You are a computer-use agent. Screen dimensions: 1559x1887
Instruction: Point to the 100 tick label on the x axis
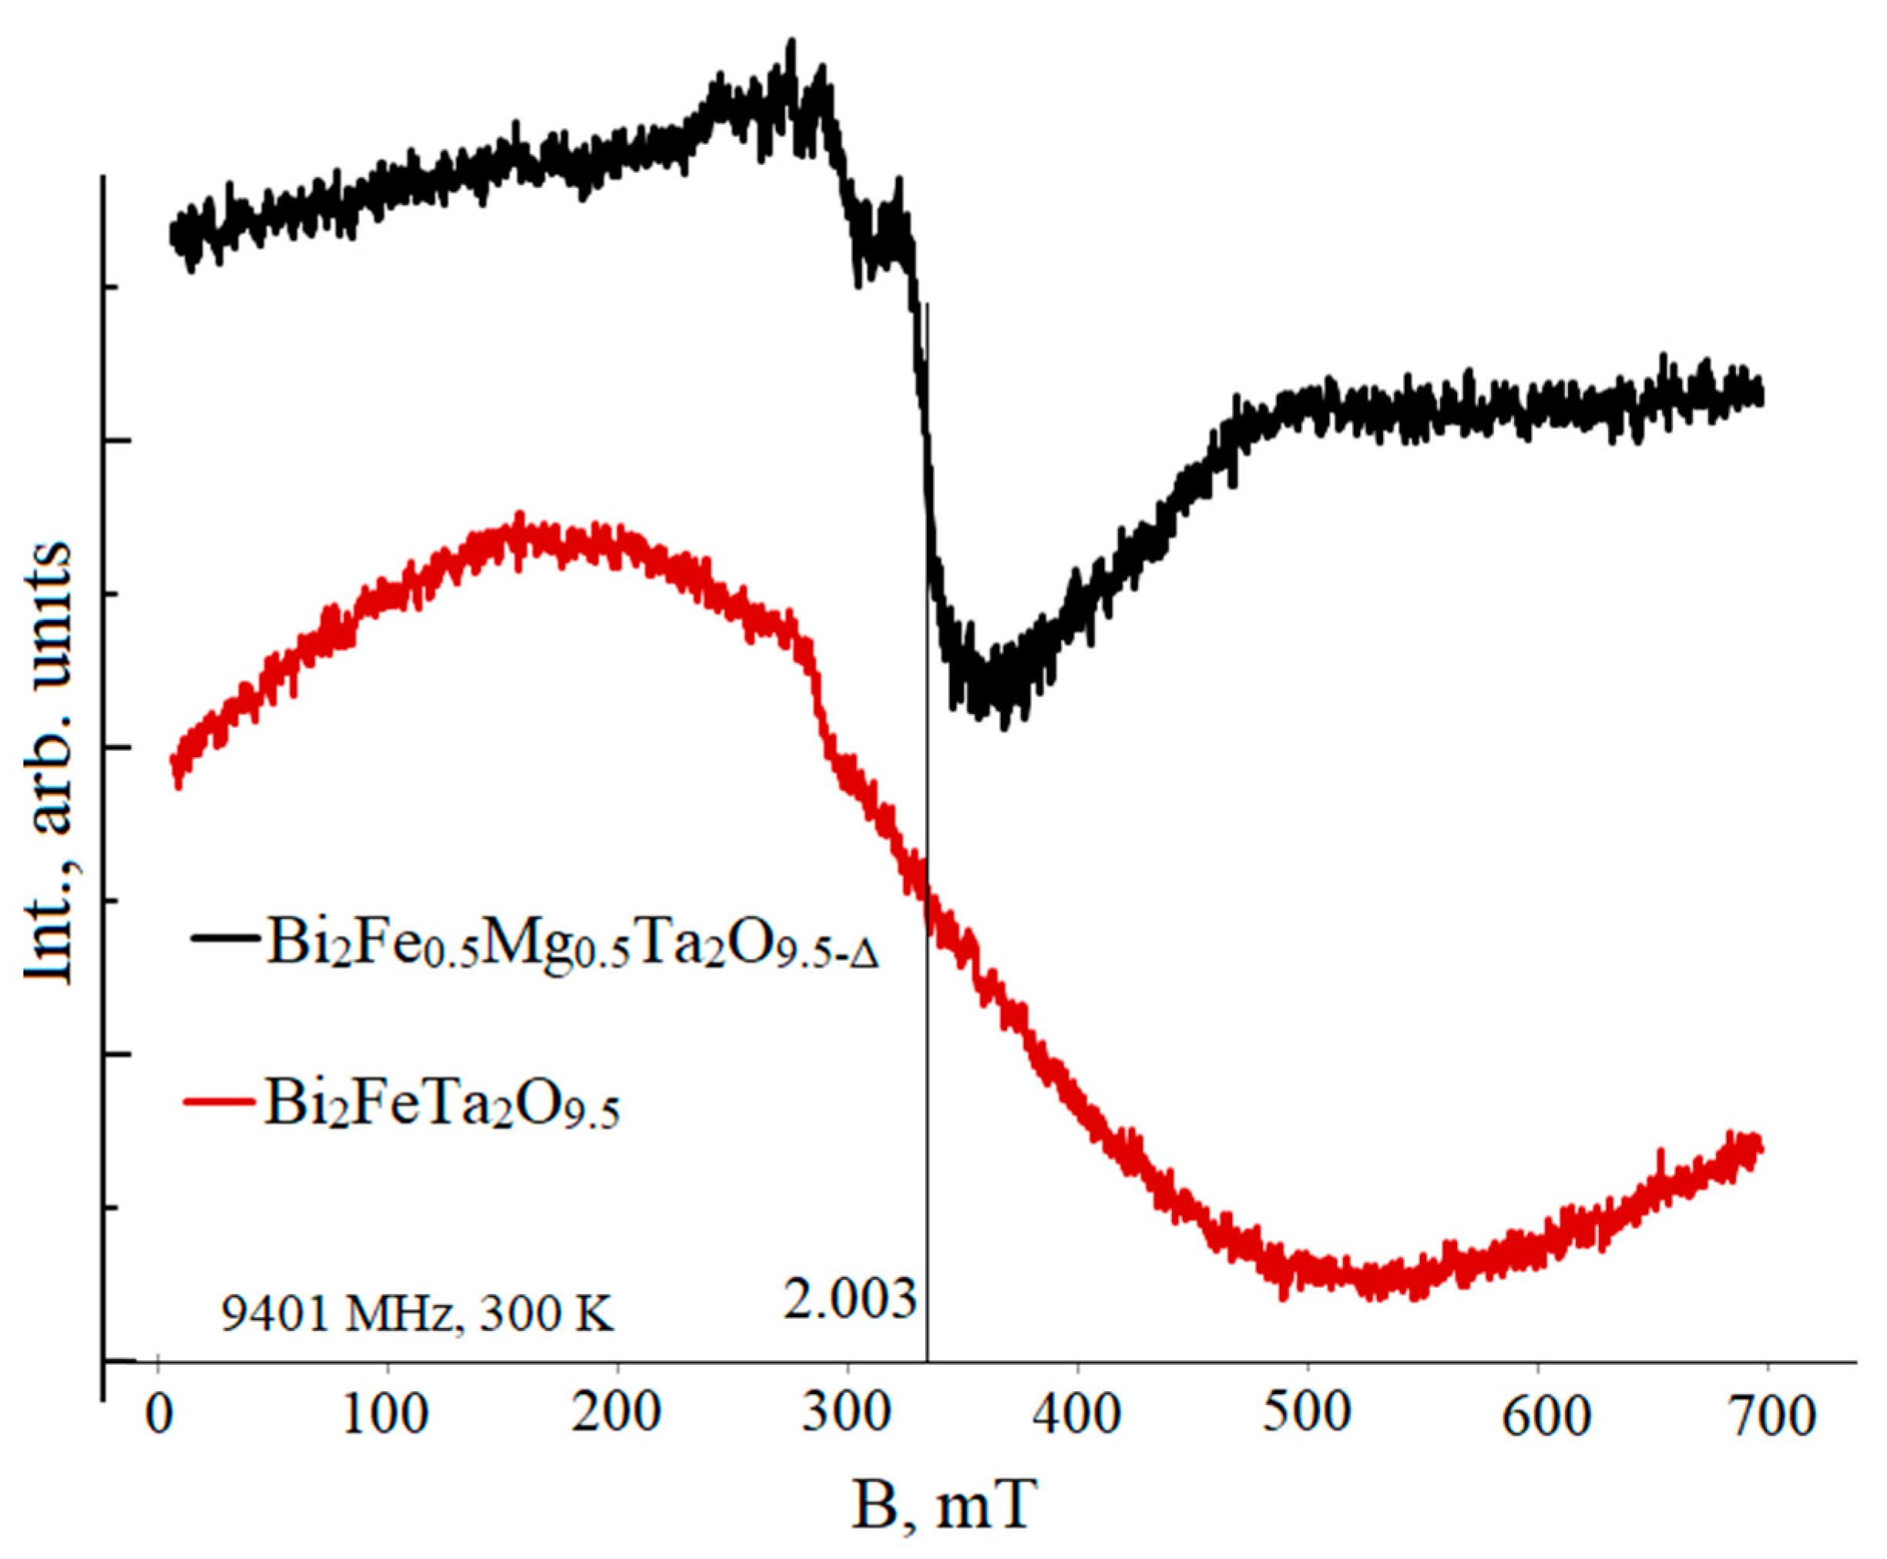pyautogui.click(x=387, y=1417)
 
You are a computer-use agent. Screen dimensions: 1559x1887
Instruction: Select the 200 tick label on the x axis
pyautogui.click(x=617, y=1417)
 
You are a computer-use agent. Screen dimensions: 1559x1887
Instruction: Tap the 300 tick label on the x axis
pyautogui.click(x=847, y=1417)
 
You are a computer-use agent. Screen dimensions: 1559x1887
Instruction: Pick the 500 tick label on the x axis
pyautogui.click(x=1307, y=1417)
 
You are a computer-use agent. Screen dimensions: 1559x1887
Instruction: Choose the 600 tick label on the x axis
pyautogui.click(x=1536, y=1417)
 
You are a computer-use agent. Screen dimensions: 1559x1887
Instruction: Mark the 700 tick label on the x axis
pyautogui.click(x=1767, y=1417)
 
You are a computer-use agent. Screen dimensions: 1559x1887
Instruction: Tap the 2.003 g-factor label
pyautogui.click(x=849, y=1299)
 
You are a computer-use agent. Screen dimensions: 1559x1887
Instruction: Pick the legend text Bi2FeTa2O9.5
pyautogui.click(x=440, y=1103)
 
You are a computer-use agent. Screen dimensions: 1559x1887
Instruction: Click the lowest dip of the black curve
pyautogui.click(x=1003, y=723)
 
